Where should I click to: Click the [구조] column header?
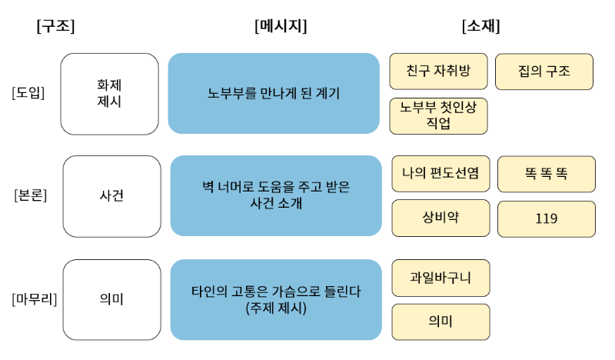click(x=55, y=26)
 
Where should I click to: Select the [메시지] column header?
click(x=281, y=26)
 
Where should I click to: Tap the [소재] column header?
click(x=480, y=26)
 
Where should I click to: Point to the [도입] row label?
click(x=28, y=93)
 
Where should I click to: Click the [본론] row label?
click(x=31, y=195)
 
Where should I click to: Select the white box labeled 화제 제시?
click(x=110, y=93)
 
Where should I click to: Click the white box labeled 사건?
click(x=111, y=195)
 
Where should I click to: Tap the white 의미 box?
click(x=111, y=298)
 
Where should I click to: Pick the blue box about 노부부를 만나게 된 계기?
click(x=274, y=93)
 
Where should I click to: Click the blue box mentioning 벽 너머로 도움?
click(x=275, y=195)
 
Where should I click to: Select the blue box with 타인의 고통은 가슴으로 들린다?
click(x=275, y=299)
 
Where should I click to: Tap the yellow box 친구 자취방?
click(x=438, y=72)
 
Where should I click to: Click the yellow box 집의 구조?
click(x=544, y=72)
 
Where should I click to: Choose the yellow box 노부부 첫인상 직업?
click(x=438, y=115)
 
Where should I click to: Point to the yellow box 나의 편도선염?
click(x=440, y=174)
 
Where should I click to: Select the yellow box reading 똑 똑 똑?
click(x=546, y=174)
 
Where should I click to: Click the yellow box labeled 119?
click(x=546, y=218)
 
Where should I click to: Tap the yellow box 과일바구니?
click(x=440, y=278)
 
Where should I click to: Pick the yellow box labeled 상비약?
click(x=440, y=218)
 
